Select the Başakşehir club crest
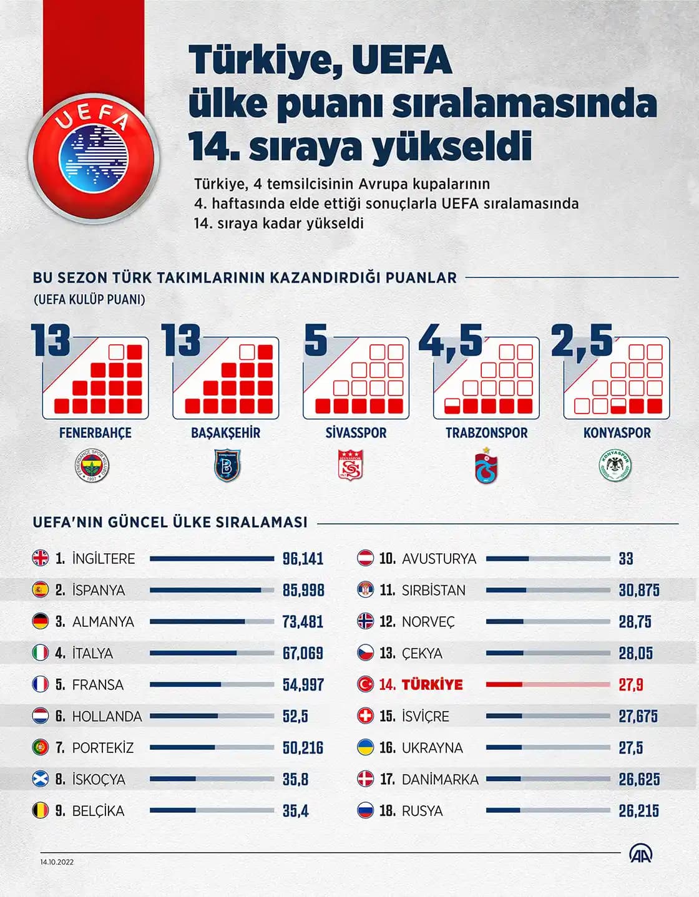click(226, 466)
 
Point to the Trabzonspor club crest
click(486, 466)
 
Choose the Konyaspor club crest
click(616, 466)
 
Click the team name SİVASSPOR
click(356, 433)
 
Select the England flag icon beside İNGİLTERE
click(41, 558)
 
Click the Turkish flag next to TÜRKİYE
click(365, 684)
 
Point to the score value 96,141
click(303, 559)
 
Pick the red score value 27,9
click(630, 685)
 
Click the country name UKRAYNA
click(432, 748)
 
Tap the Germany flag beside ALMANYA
click(41, 621)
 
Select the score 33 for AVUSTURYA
click(625, 559)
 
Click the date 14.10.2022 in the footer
click(57, 862)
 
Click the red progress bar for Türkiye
click(547, 684)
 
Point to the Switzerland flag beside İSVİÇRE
click(365, 716)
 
